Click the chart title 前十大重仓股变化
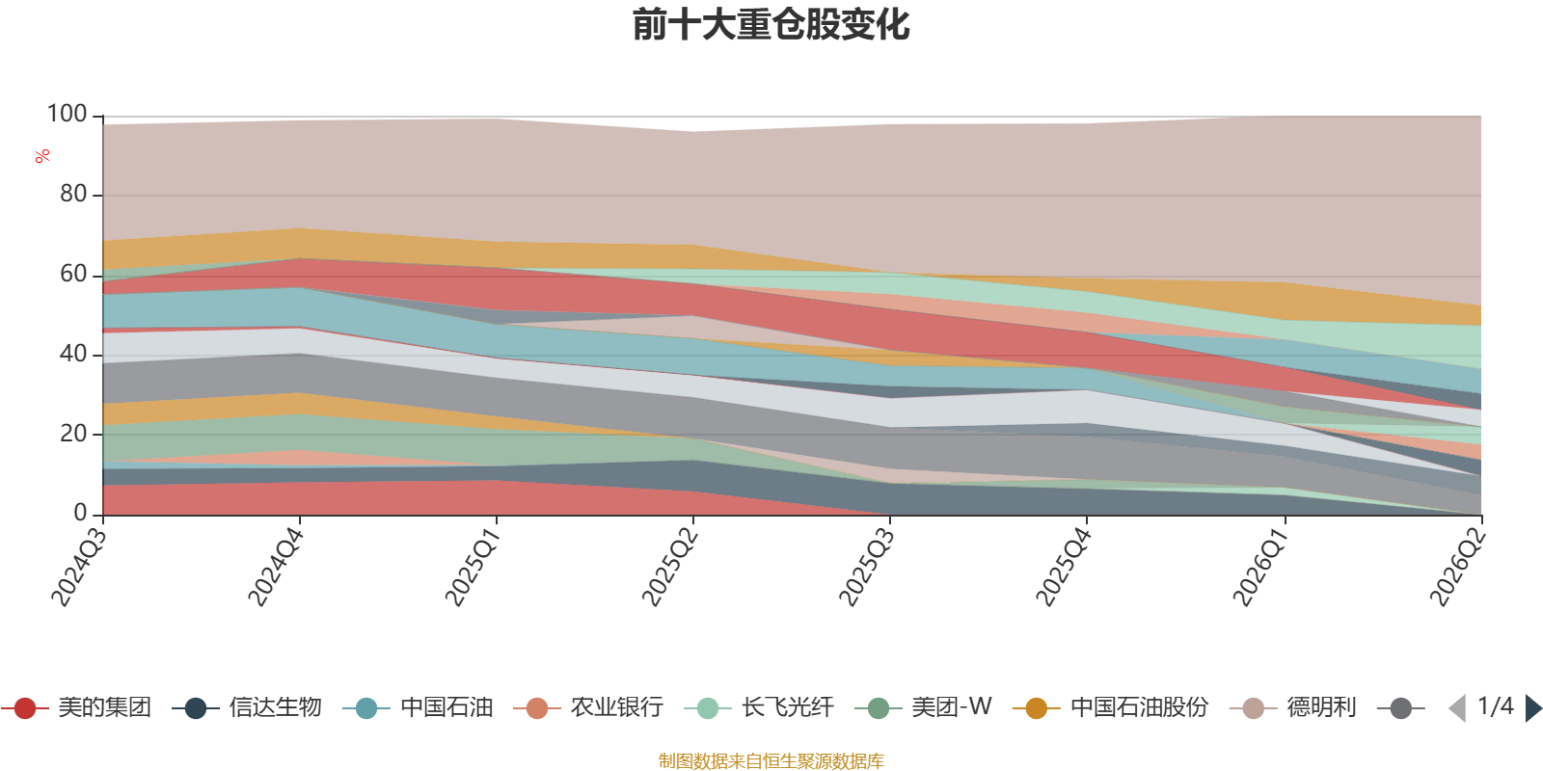(x=771, y=25)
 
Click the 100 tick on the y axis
(x=67, y=115)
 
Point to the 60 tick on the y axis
(x=73, y=275)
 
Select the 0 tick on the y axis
(x=81, y=514)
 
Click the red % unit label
(x=42, y=156)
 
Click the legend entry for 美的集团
(x=76, y=707)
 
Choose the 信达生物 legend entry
(x=247, y=707)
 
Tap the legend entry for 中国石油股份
(x=1111, y=707)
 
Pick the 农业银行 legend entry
(x=589, y=707)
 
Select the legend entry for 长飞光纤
(x=760, y=707)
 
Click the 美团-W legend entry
(x=924, y=707)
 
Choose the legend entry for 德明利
(x=1293, y=707)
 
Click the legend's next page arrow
(x=1532, y=707)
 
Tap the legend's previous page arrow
(x=1457, y=707)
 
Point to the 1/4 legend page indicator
(x=1496, y=706)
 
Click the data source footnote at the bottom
(x=771, y=760)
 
